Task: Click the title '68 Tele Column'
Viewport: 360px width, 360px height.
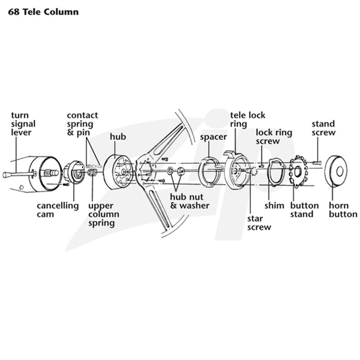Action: [43, 12]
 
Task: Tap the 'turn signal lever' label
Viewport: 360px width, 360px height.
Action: [23, 124]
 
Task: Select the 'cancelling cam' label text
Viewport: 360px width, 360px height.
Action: [58, 210]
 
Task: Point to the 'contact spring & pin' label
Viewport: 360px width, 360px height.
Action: [82, 124]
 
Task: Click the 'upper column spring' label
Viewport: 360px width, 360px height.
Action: [104, 215]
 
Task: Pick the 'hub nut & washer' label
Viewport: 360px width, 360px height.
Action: [189, 201]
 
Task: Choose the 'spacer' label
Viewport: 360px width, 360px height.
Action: [213, 137]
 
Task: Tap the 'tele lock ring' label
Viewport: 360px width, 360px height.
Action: [248, 119]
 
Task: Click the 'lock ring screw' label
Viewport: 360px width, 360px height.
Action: [274, 137]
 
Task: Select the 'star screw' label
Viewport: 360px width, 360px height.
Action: [259, 223]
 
